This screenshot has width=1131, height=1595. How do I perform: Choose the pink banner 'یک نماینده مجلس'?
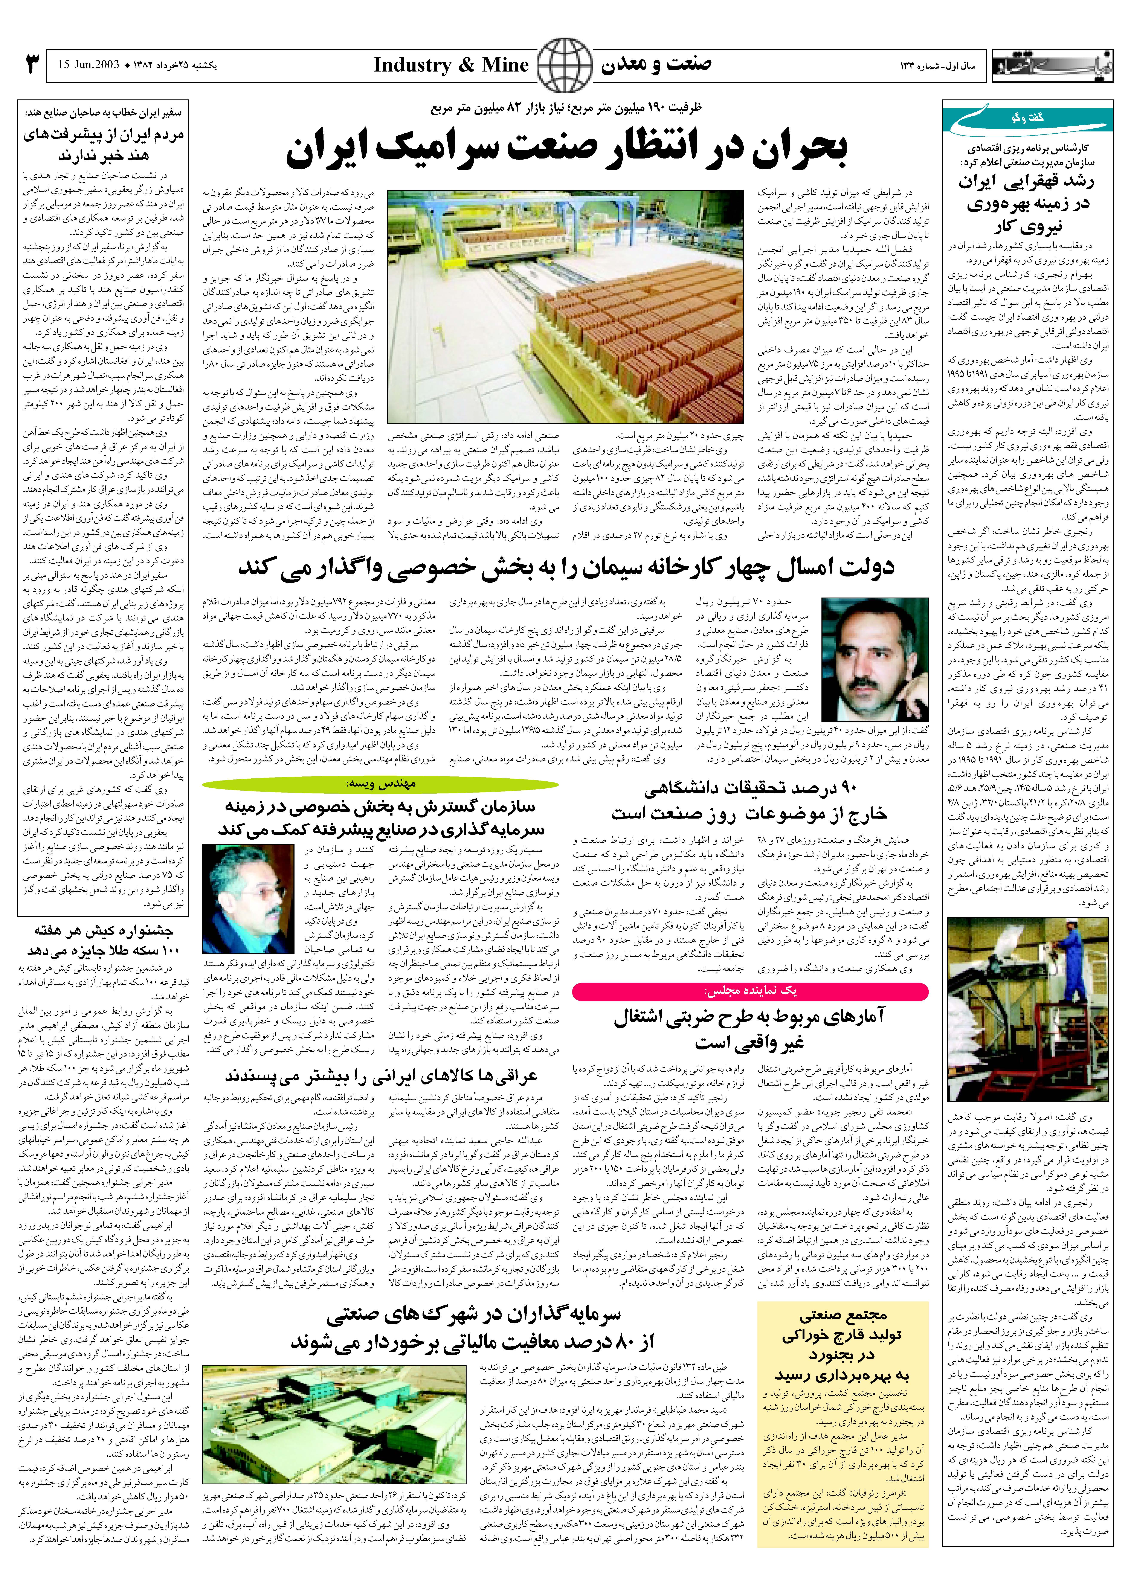[750, 990]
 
